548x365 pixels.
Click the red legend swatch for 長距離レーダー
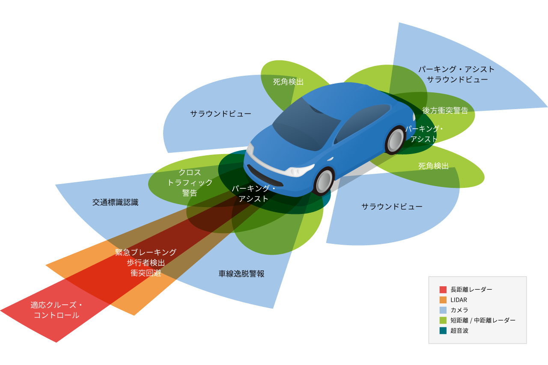pos(443,289)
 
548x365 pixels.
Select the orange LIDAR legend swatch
pos(443,300)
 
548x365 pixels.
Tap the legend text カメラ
pos(459,310)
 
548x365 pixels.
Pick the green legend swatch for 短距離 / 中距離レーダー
pos(443,320)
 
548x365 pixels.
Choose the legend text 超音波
pos(459,330)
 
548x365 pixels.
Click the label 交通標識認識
pos(115,202)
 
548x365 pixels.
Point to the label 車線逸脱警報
pos(241,274)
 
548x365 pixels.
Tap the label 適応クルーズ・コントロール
pos(56,310)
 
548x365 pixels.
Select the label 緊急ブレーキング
pos(146,252)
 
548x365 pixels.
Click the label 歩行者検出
pos(146,262)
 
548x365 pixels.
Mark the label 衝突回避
pos(146,273)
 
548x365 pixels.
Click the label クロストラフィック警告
pos(190,182)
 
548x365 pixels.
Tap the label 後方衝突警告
pos(445,110)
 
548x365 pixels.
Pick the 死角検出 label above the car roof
pos(288,82)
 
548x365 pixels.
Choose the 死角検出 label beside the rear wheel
pos(433,166)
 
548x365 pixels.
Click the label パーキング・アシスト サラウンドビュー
pos(456,74)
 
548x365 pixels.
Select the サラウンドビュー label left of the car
pos(220,114)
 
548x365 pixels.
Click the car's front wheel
pos(325,182)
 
